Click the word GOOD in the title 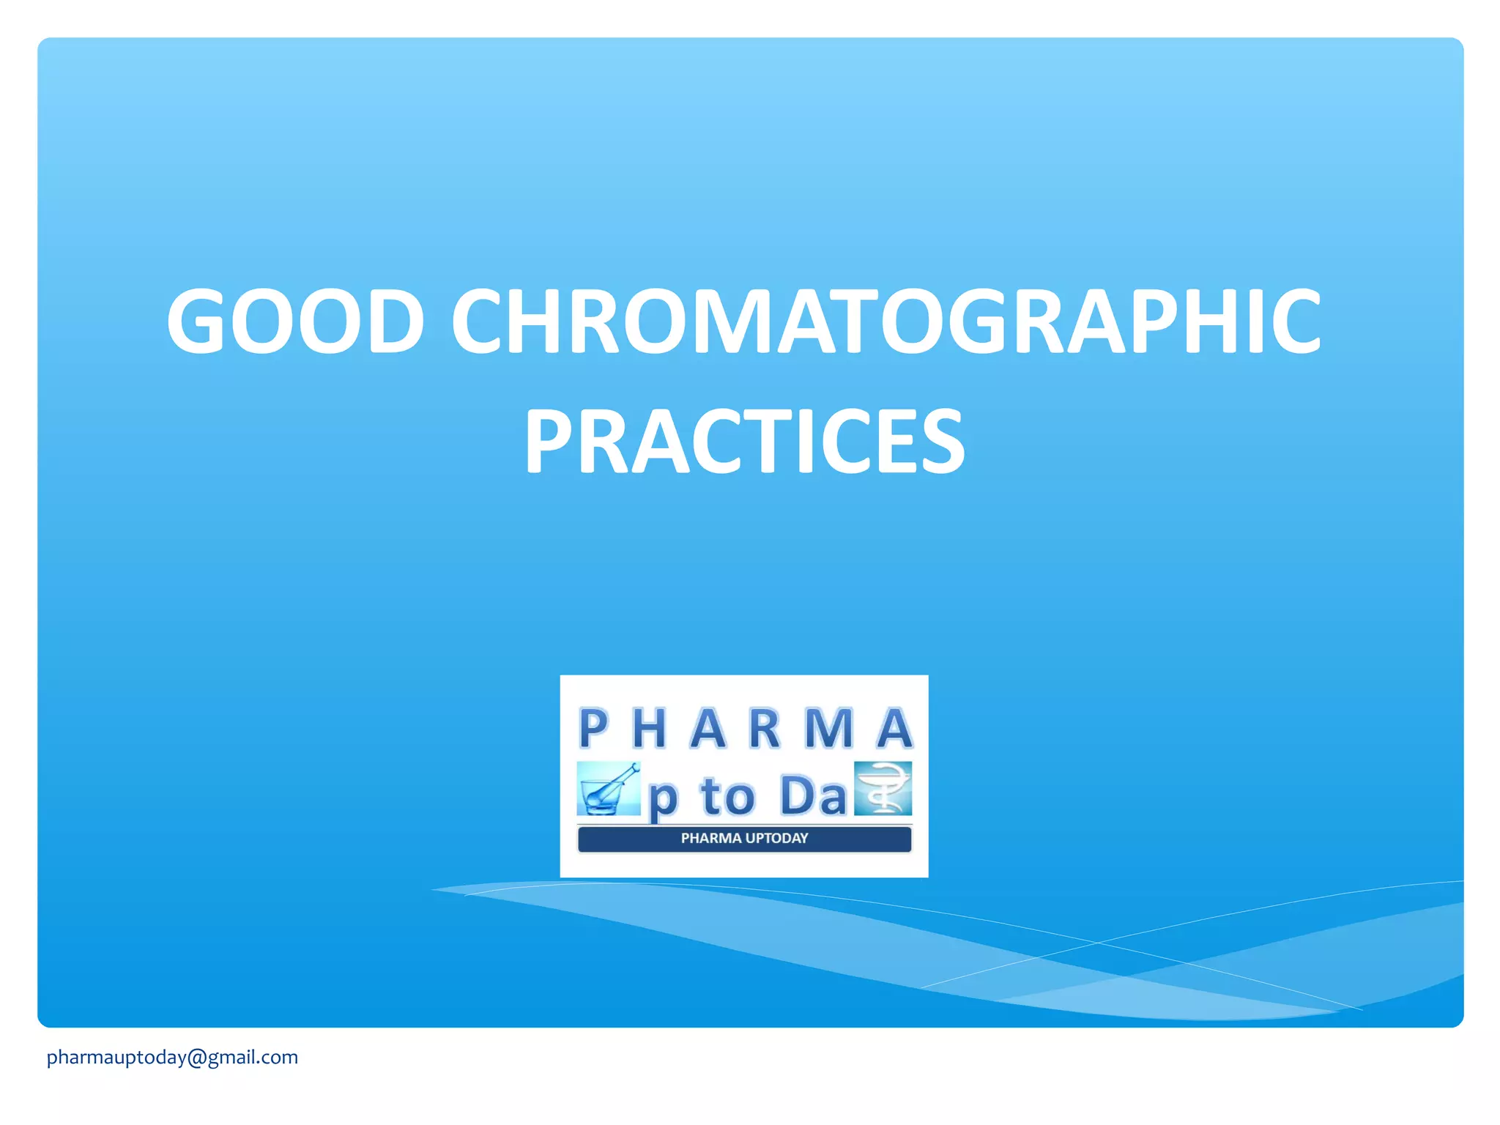pos(295,321)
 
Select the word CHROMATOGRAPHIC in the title pos(885,321)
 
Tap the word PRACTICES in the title pos(744,442)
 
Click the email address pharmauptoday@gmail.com pos(172,1057)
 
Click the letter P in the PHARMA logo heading pos(593,729)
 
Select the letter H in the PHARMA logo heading pos(649,729)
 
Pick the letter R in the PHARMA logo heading pos(765,729)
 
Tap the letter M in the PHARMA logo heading pos(829,729)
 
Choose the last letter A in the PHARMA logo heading pos(894,729)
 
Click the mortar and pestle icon pos(608,789)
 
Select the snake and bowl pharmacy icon pos(883,789)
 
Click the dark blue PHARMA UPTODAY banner pos(744,839)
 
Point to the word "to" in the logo pos(727,796)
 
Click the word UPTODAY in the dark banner pos(776,839)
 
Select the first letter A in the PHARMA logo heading pos(708,729)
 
